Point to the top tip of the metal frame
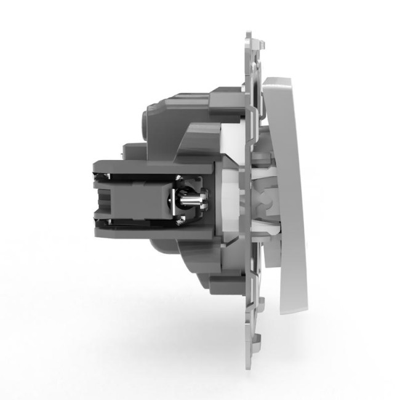249,33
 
